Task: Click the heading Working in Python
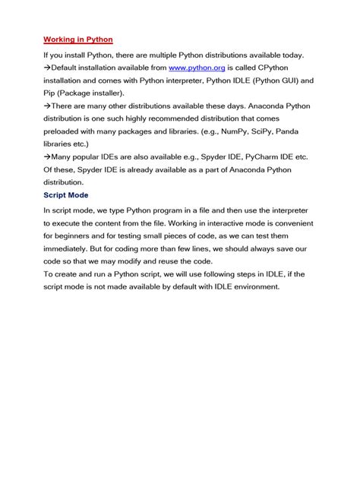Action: point(78,39)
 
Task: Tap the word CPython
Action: point(283,67)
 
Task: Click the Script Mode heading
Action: point(67,194)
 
